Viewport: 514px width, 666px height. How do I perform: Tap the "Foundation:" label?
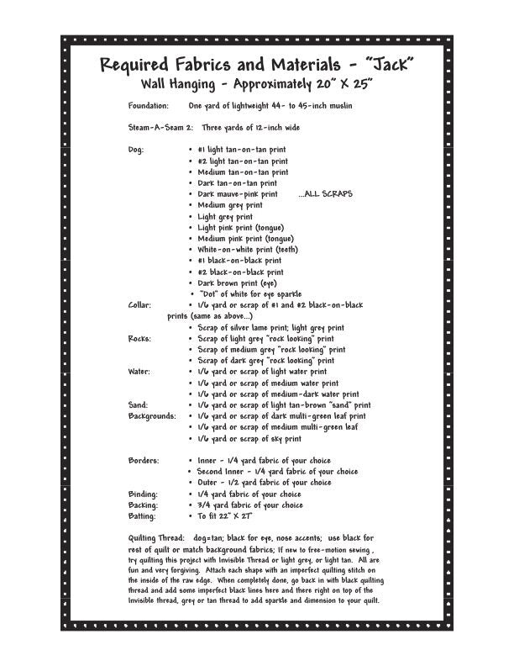pos(148,106)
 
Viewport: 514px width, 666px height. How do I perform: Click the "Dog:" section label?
pos(136,150)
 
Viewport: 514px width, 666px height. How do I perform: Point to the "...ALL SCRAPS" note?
pos(325,194)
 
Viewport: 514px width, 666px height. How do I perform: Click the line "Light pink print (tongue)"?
pos(240,227)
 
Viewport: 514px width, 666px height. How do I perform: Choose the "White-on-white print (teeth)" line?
pos(248,250)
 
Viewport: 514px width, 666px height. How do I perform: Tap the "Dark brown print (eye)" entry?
pos(237,283)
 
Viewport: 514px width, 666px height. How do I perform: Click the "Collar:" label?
pos(139,305)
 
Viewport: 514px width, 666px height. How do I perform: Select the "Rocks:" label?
pos(139,338)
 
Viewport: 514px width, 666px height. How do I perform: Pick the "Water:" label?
pos(139,372)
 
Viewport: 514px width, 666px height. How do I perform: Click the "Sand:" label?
pos(138,404)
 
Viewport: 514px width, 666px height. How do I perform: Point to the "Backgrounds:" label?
pos(152,416)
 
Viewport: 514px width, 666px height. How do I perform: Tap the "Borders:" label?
pos(143,461)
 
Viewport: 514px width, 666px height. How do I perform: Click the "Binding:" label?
pos(143,494)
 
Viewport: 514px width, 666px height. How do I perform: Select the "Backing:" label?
pos(143,505)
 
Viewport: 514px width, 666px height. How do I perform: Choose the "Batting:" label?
pos(142,516)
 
